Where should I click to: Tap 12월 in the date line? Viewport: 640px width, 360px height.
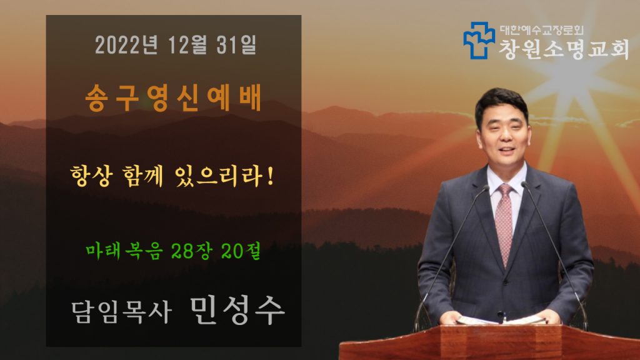[187, 44]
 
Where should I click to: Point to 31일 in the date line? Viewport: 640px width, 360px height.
[236, 44]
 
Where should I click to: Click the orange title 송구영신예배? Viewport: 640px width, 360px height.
[174, 98]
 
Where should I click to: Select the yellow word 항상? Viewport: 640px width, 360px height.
[91, 176]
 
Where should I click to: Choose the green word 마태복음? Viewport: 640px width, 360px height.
[124, 251]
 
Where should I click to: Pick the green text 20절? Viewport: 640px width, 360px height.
[241, 251]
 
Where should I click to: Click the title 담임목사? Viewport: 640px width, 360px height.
[121, 312]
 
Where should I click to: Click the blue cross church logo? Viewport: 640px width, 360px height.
[479, 40]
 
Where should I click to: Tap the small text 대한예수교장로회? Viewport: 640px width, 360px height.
[542, 30]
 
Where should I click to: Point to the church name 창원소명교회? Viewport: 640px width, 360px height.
[564, 49]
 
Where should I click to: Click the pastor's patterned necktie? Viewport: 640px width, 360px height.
[504, 222]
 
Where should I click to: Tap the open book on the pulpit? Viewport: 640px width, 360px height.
[501, 320]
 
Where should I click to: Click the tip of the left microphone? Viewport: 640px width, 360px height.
[486, 188]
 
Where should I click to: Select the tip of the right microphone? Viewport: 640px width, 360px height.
[524, 185]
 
